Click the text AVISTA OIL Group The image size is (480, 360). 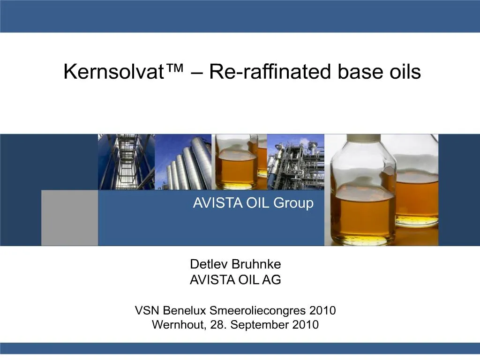(x=253, y=203)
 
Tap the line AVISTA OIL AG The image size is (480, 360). (x=235, y=280)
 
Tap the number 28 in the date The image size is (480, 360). (x=217, y=325)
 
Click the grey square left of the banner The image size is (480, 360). (x=69, y=217)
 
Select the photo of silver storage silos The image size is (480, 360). (x=183, y=162)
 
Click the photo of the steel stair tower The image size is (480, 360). (x=126, y=162)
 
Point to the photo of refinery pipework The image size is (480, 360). (x=295, y=162)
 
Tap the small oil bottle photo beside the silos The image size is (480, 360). (x=239, y=162)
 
